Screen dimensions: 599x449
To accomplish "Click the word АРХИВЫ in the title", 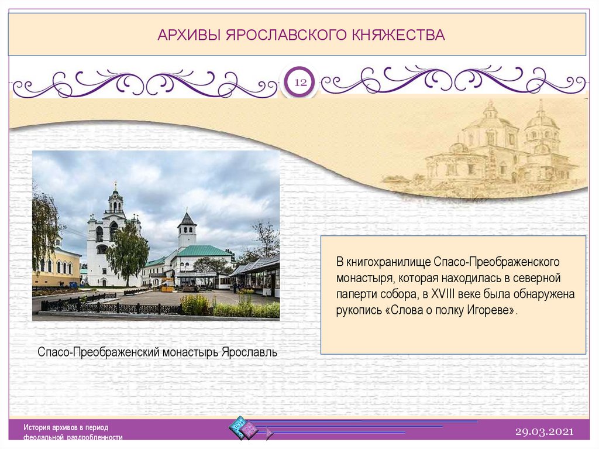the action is click(x=189, y=35).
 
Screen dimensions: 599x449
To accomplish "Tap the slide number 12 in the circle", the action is click(x=300, y=82).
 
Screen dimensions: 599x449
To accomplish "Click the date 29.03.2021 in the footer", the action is click(x=545, y=432).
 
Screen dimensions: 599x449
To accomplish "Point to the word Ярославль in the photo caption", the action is click(x=249, y=352).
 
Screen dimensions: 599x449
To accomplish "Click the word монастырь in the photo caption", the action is click(x=191, y=352).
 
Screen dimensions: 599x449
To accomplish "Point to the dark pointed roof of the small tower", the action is click(x=187, y=218).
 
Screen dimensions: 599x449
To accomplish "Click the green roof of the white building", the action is click(x=203, y=251).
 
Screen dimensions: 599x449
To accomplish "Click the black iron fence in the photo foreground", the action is click(x=107, y=307).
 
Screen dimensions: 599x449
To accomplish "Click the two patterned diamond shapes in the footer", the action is click(x=243, y=427).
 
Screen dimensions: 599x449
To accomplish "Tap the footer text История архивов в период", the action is click(x=66, y=427).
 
